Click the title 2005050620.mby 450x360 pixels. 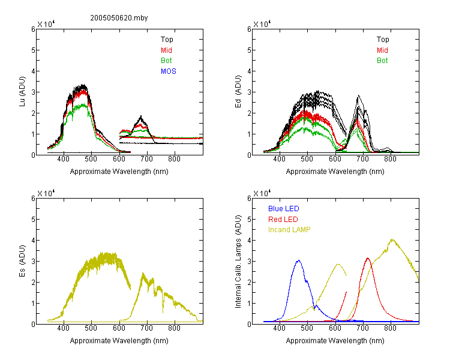(119, 18)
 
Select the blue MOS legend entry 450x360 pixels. (169, 71)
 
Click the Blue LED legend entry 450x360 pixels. (284, 209)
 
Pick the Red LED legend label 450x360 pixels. (283, 220)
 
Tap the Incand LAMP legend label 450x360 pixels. (289, 230)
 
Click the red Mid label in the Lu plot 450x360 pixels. (166, 50)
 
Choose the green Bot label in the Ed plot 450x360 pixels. (382, 61)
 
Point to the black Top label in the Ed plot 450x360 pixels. (383, 40)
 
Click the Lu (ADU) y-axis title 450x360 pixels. (22, 92)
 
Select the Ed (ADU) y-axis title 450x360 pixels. (238, 92)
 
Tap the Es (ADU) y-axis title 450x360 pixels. (22, 261)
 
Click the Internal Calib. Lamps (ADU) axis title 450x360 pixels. (238, 262)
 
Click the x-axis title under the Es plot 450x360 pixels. (119, 341)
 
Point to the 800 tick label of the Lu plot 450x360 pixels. (174, 159)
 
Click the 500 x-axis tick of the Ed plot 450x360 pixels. (307, 159)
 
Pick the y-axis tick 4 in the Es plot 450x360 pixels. (33, 240)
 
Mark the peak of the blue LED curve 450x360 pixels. (299, 260)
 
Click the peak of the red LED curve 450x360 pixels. (368, 258)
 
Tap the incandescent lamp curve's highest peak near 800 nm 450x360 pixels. (392, 239)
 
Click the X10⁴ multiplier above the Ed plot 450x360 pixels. (262, 24)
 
